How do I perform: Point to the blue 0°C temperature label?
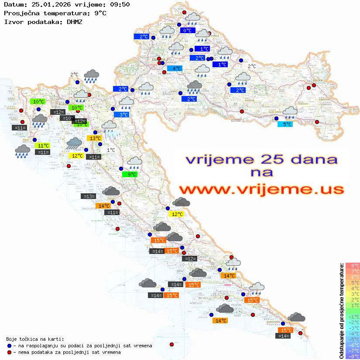pyautogui.click(x=188, y=31)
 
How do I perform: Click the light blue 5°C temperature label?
pyautogui.click(x=285, y=124)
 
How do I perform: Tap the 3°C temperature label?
pyautogui.click(x=124, y=115)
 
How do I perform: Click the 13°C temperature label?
pyautogui.click(x=94, y=138)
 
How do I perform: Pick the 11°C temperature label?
pyautogui.click(x=43, y=146)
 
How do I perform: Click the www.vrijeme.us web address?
pyautogui.click(x=261, y=190)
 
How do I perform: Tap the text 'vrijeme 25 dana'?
pyautogui.click(x=261, y=159)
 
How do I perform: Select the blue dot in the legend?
pyautogui.click(x=9, y=346)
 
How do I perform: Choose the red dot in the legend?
pyautogui.click(x=9, y=352)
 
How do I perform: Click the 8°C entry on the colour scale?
pyautogui.click(x=353, y=266)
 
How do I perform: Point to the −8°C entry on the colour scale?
pyautogui.click(x=353, y=357)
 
